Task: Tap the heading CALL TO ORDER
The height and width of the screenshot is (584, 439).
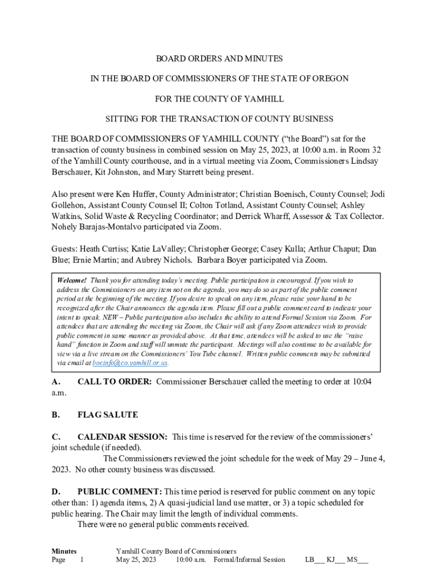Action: click(x=114, y=382)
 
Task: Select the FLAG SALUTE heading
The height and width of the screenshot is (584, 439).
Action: click(x=108, y=415)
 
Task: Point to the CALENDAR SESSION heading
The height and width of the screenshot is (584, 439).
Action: click(x=122, y=437)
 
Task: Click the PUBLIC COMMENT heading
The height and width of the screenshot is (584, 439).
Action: click(x=120, y=492)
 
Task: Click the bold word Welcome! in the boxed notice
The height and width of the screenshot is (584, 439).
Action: click(x=72, y=280)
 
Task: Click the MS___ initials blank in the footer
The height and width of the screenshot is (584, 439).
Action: click(x=357, y=559)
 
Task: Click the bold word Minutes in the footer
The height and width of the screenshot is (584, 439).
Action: click(x=64, y=551)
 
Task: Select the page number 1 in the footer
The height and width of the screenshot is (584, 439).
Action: click(x=82, y=559)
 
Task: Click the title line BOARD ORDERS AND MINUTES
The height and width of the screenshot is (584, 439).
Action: click(x=219, y=59)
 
